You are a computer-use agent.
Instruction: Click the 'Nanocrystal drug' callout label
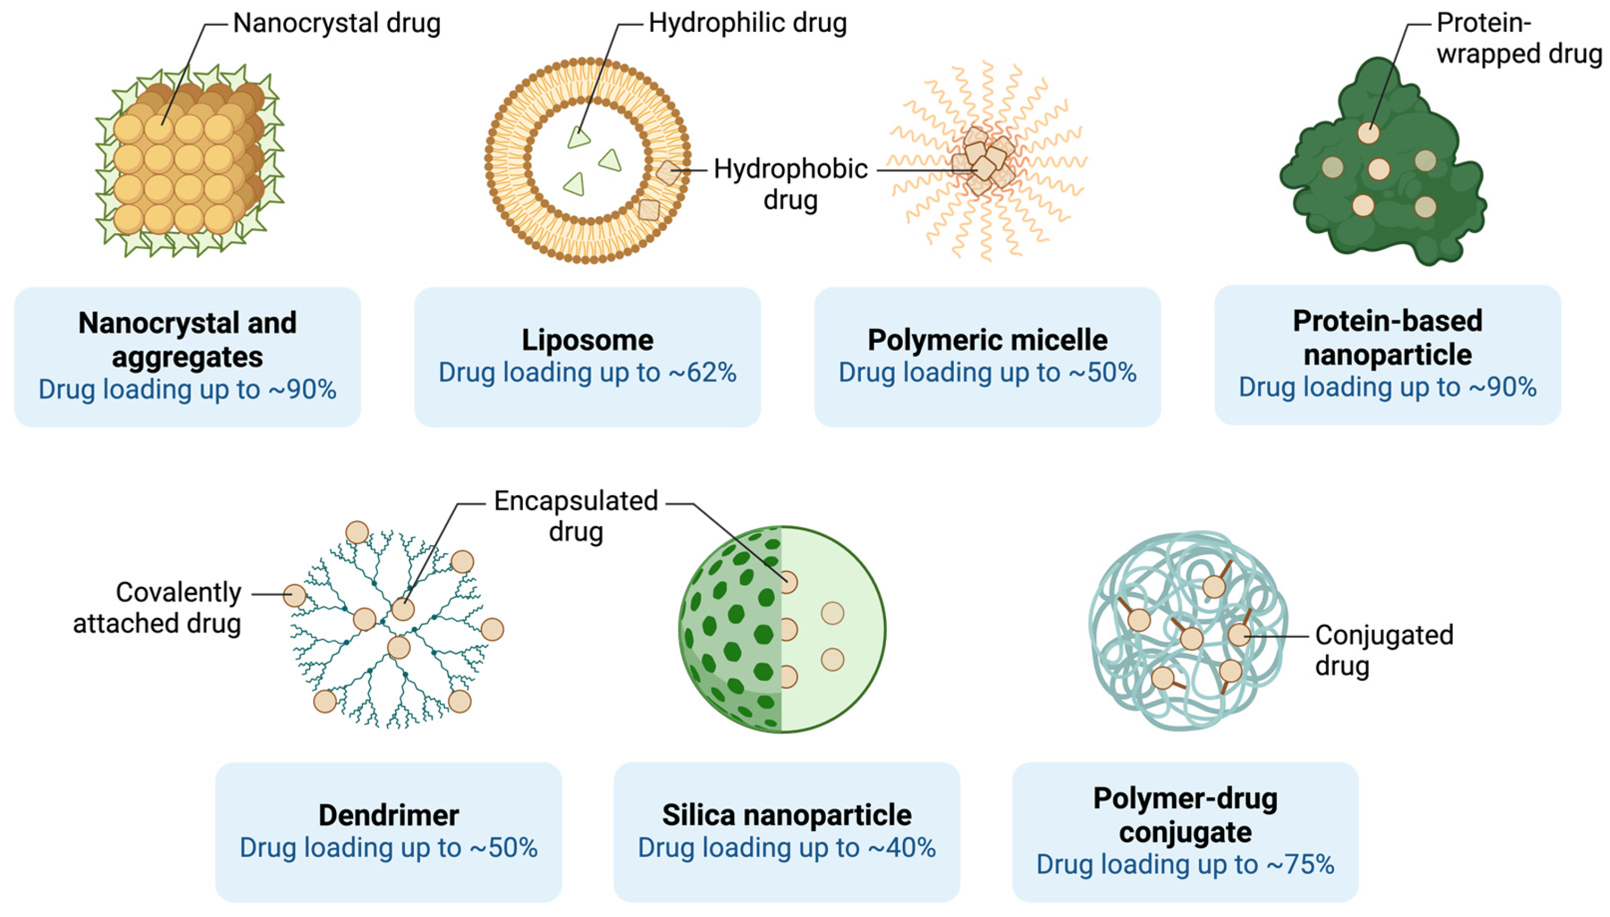[x=337, y=23]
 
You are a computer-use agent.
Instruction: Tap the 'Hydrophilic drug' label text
[x=747, y=23]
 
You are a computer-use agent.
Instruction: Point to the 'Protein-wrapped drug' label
[x=1519, y=39]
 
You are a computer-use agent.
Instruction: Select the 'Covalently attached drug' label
[x=157, y=608]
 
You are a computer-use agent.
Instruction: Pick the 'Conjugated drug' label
[x=1383, y=650]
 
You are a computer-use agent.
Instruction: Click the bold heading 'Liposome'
[x=587, y=340]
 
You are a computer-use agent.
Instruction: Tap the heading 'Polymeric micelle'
[x=987, y=340]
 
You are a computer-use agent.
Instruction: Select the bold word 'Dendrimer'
[x=388, y=815]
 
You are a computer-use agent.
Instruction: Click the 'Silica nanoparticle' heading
[x=786, y=815]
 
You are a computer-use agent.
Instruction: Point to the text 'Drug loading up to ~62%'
[x=587, y=372]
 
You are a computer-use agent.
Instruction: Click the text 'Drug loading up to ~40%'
[x=786, y=848]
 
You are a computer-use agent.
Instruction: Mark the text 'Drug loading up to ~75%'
[x=1185, y=865]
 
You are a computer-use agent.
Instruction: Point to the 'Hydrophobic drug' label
[x=790, y=184]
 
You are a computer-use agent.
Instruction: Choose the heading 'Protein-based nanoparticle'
[x=1387, y=337]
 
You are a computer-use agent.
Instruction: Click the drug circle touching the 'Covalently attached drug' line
[x=294, y=595]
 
